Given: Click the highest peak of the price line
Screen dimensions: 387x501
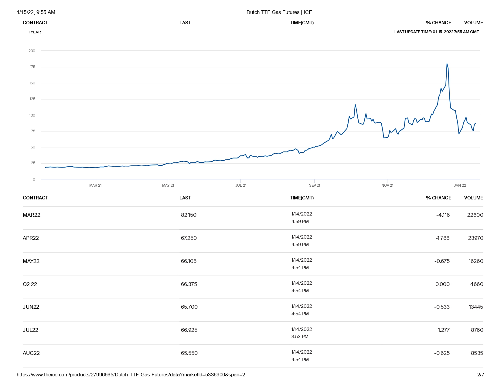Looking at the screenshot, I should point(447,64).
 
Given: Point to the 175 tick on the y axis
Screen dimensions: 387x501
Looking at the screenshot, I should point(32,67).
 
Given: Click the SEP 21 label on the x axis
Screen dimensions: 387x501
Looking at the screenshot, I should point(315,185).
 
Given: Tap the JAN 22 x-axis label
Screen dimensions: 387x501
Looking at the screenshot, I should point(460,185).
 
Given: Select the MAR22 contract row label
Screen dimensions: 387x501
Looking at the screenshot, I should point(32,215).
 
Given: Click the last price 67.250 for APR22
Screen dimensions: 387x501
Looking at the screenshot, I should point(189,238).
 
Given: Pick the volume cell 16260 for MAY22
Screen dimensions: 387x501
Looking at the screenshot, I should point(476,261).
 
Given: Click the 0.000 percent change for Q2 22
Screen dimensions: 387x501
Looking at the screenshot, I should point(442,284).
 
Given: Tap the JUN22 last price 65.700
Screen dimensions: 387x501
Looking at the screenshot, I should point(189,307).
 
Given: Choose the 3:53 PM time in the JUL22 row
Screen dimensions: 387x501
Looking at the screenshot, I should point(300,337).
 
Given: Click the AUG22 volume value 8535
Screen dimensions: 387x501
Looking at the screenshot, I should point(477,353).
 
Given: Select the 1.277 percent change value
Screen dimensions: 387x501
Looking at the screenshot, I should point(444,330).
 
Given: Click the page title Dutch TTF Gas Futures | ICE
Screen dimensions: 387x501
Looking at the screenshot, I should point(279,12).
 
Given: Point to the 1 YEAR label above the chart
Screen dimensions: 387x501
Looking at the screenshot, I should point(34,32).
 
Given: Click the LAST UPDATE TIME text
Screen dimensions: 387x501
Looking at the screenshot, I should point(436,32).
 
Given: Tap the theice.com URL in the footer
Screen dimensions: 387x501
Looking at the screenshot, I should point(131,375).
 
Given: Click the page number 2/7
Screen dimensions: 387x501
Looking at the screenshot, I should point(481,375).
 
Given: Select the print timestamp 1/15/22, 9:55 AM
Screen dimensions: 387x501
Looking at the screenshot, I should point(36,12).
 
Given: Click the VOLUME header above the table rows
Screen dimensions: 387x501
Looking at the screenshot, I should point(473,198).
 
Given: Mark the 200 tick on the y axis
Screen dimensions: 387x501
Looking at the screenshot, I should point(32,51).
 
